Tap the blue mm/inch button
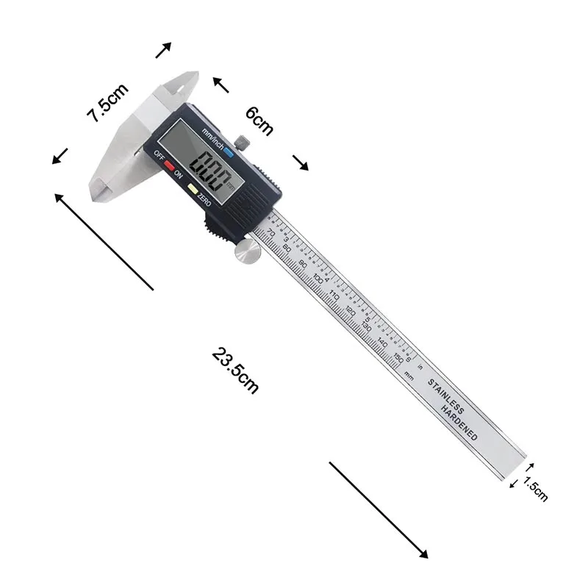tap(230, 152)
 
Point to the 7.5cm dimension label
tap(107, 103)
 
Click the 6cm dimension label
tap(259, 121)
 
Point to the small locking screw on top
tap(242, 140)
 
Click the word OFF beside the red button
tap(158, 155)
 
